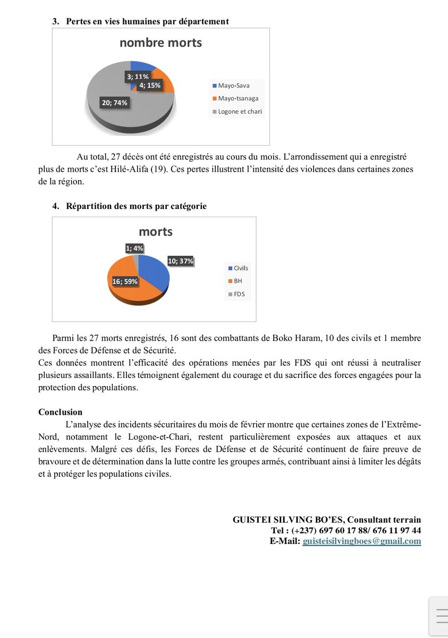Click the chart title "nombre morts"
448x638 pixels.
160,43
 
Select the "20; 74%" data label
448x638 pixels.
115,103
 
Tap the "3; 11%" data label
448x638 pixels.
138,77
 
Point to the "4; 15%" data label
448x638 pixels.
150,85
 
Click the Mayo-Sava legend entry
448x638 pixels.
230,85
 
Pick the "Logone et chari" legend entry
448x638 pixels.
237,111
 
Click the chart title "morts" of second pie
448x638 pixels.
155,232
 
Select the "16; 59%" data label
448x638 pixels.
125,281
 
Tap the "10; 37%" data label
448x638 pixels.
181,261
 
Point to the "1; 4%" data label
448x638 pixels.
134,248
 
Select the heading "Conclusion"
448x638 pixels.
60,412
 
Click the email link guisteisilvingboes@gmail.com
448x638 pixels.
361,541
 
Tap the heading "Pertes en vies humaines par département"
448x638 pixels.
147,21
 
